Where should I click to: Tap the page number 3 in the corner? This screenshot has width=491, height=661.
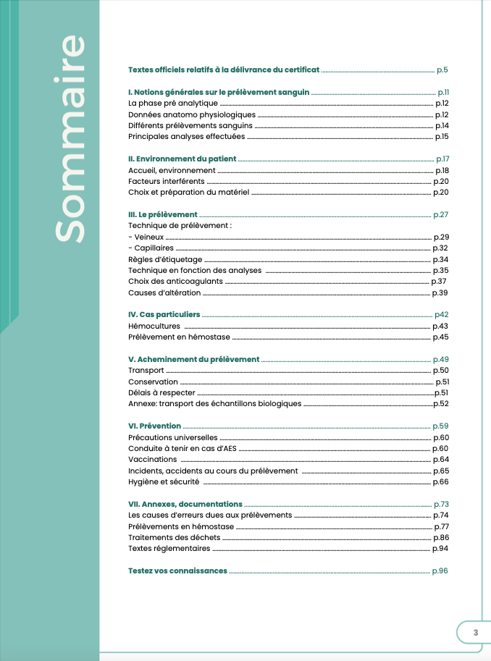click(476, 632)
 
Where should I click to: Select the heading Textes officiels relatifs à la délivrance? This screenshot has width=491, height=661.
click(223, 70)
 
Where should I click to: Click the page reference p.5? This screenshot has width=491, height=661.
click(442, 70)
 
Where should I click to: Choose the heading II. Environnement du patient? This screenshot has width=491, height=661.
click(182, 159)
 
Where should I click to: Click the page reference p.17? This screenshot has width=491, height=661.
click(442, 159)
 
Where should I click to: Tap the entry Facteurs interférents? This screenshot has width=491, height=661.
click(167, 181)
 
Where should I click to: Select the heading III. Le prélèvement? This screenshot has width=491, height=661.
click(162, 214)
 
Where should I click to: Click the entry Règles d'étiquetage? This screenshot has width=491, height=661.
click(165, 259)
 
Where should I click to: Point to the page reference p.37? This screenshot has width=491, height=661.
click(439, 281)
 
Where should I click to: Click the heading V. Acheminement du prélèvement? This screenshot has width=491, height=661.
click(193, 359)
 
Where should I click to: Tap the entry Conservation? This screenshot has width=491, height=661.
click(153, 382)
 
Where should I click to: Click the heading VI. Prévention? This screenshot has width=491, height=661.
click(154, 426)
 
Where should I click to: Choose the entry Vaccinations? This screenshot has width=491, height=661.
click(152, 459)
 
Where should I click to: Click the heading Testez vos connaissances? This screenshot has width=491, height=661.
click(177, 571)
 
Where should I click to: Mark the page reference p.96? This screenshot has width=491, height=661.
click(440, 571)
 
